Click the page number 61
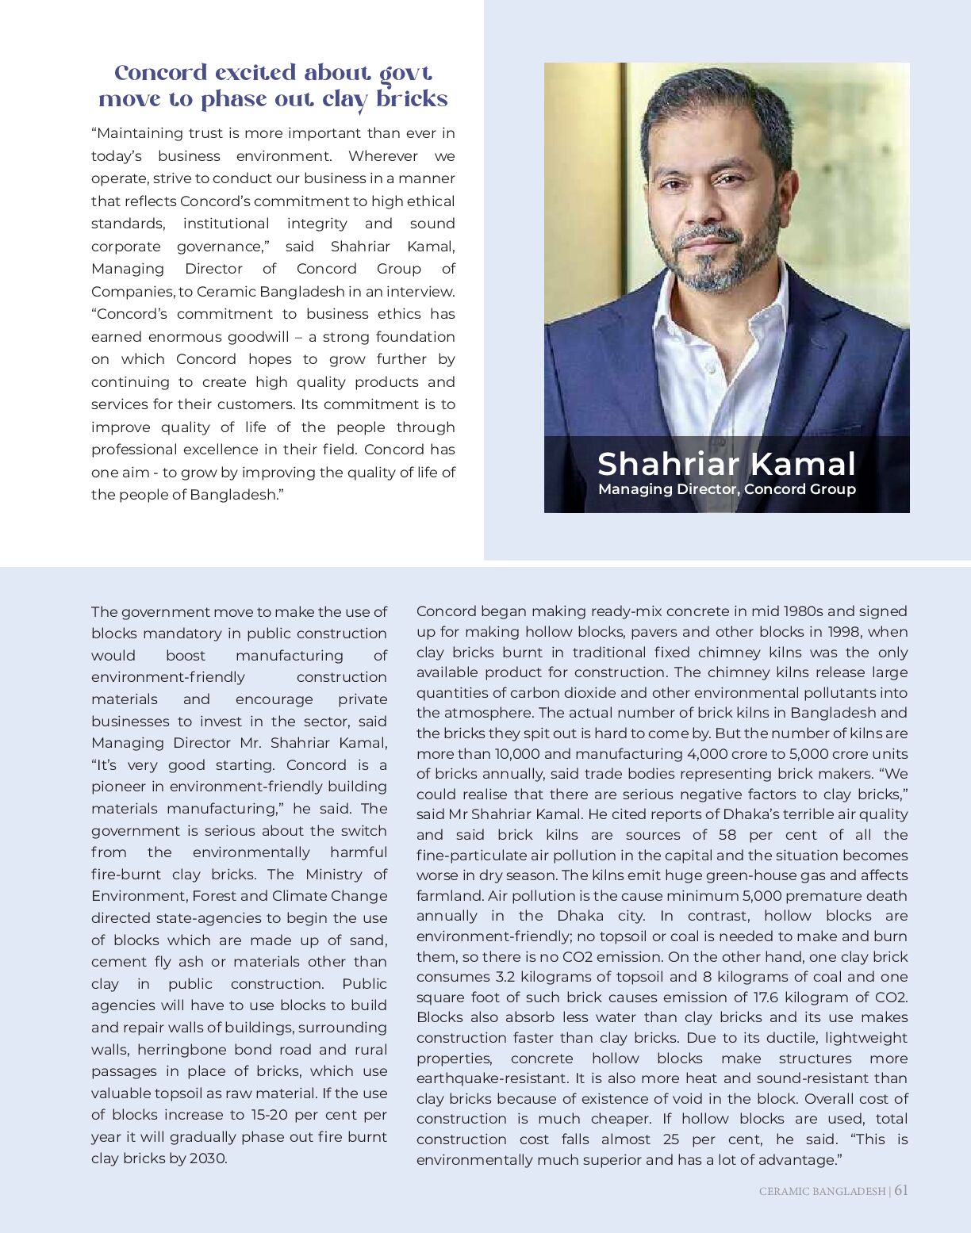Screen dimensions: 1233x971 pos(901,1190)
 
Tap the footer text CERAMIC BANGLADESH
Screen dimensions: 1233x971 pos(822,1191)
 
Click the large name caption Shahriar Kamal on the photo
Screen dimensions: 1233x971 pos(726,464)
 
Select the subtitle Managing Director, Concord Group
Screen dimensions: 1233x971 pos(727,489)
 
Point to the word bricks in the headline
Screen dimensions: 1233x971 pos(412,99)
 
